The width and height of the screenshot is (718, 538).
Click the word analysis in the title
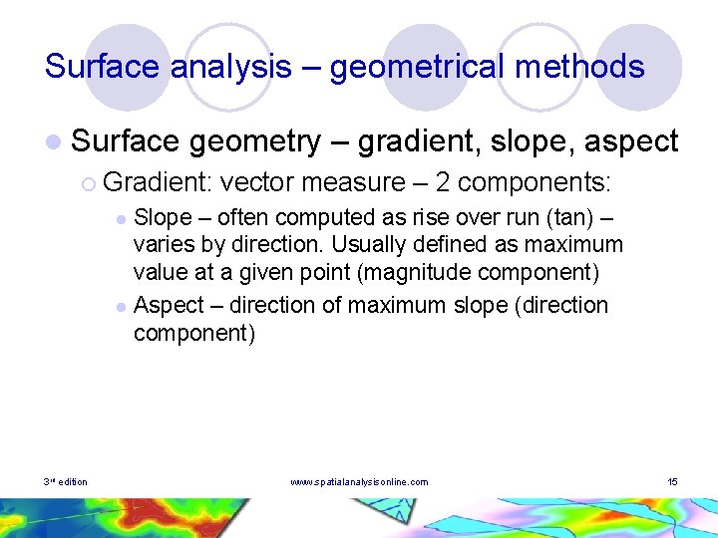[231, 68]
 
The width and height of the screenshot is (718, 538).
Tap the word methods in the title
[587, 68]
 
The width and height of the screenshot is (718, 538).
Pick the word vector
[258, 182]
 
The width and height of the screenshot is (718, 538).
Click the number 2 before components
[440, 182]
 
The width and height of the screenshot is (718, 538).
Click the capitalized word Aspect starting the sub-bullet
[166, 305]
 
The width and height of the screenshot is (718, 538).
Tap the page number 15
[672, 482]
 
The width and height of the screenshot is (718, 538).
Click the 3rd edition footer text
[65, 482]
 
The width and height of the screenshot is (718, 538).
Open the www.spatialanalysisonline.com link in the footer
[359, 482]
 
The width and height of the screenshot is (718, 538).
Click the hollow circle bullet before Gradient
[89, 183]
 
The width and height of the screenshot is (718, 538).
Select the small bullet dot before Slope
[121, 218]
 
